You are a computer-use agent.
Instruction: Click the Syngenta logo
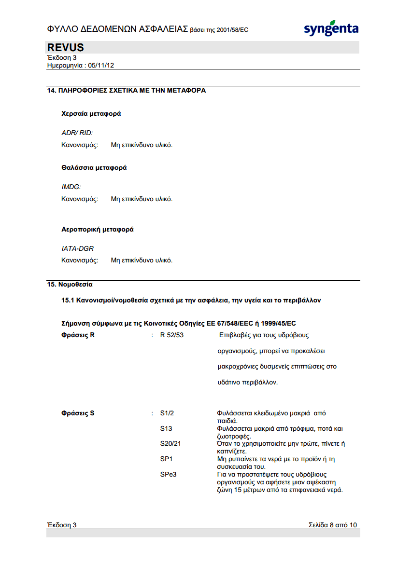coord(331,28)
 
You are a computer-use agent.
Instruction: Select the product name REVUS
coord(66,47)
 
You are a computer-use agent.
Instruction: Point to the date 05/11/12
coord(101,65)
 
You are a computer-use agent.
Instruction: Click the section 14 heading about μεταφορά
coord(126,90)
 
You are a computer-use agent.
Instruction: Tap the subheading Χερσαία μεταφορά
coord(91,114)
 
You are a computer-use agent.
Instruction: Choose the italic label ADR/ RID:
coord(77,132)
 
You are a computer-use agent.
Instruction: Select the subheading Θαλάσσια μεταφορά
coord(94,168)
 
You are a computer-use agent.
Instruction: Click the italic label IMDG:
coord(71,186)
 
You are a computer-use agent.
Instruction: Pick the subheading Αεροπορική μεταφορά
coord(98,230)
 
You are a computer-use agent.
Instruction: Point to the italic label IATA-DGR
coord(77,248)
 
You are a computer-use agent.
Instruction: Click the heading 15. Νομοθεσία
coord(70,285)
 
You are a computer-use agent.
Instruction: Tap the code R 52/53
coord(172,335)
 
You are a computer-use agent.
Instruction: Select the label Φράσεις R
coord(78,335)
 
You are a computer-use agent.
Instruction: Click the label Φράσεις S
coord(78,413)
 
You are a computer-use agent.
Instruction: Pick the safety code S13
coord(166,428)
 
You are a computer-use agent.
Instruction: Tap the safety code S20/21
coord(170,443)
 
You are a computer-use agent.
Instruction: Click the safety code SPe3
coord(168,474)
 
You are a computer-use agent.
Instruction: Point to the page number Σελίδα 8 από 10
coord(333,525)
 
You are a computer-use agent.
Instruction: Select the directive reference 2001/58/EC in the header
coord(230,30)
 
